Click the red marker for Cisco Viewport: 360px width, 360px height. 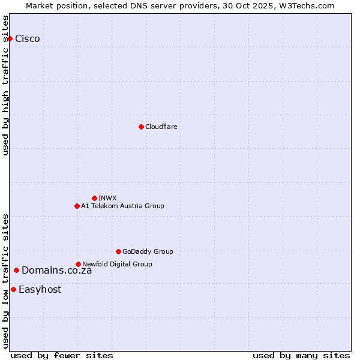pyautogui.click(x=10, y=39)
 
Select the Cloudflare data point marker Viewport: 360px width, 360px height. pyautogui.click(x=141, y=127)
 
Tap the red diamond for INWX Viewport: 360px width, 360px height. pyautogui.click(x=94, y=198)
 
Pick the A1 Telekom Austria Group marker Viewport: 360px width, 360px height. pyautogui.click(x=77, y=206)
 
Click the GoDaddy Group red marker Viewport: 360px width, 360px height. pyautogui.click(x=118, y=251)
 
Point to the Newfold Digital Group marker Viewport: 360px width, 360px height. pyautogui.click(x=78, y=264)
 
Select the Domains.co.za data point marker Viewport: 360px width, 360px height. pyautogui.click(x=16, y=270)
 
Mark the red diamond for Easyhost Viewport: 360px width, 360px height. pyautogui.click(x=13, y=289)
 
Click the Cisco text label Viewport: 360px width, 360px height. pyautogui.click(x=28, y=39)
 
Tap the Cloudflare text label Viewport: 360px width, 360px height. pyautogui.click(x=161, y=127)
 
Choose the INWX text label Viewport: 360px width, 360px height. pyautogui.click(x=107, y=198)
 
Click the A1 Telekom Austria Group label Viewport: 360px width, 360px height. pyautogui.click(x=122, y=206)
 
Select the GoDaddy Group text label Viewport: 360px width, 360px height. pyautogui.click(x=148, y=251)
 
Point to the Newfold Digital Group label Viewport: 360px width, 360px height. pyautogui.click(x=117, y=264)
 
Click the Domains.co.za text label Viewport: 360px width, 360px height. pyautogui.click(x=56, y=270)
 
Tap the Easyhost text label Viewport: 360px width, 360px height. pyautogui.click(x=40, y=289)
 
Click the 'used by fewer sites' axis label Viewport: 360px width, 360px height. pyautogui.click(x=62, y=355)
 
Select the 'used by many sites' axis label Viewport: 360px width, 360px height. pyautogui.click(x=301, y=355)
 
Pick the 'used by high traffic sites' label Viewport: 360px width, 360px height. pyautogui.click(x=5, y=85)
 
